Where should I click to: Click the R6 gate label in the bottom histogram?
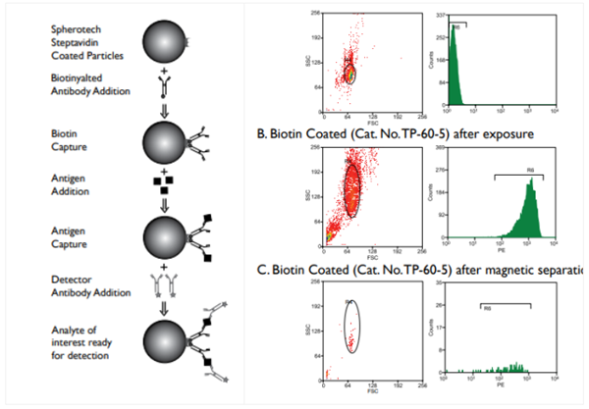click(484, 307)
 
